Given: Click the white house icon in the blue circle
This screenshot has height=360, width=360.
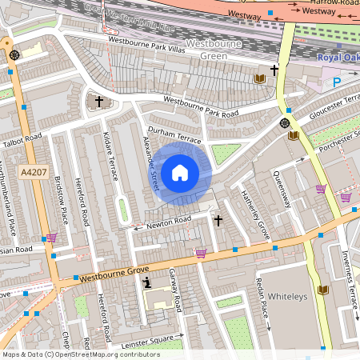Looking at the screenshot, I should point(180,172).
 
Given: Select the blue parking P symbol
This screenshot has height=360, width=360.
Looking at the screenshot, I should point(336,82).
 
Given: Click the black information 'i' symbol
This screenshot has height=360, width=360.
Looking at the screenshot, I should point(146,283).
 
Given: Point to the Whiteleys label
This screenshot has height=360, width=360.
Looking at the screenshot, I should point(287,295).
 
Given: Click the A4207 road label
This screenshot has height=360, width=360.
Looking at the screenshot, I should point(34,172).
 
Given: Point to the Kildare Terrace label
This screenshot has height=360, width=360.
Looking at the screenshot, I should point(111,155).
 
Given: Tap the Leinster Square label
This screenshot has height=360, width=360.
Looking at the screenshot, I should point(150,337).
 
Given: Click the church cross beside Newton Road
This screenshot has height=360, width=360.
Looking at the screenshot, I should point(218,219).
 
